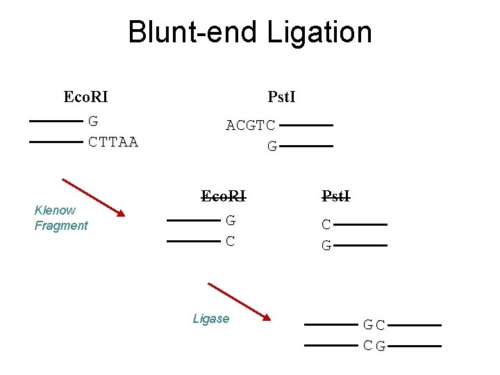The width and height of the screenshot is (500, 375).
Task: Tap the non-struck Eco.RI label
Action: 85,97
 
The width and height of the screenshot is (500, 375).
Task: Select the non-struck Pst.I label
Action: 281,97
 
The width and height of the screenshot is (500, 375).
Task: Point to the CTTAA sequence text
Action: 113,142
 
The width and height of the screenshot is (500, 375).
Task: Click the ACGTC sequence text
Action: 251,126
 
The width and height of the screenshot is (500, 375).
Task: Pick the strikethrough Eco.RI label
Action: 224,196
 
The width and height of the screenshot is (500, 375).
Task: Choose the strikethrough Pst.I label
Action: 335,196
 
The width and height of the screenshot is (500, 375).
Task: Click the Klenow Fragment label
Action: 61,217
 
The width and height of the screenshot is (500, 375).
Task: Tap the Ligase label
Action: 210,319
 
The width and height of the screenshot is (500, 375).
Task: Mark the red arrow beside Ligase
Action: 239,301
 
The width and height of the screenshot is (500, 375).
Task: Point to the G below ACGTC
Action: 272,147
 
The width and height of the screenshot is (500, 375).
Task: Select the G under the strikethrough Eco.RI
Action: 231,221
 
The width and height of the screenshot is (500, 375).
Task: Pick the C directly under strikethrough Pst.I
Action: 326,225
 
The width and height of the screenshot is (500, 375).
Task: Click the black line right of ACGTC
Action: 306,126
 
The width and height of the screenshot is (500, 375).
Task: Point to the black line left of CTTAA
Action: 56,142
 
